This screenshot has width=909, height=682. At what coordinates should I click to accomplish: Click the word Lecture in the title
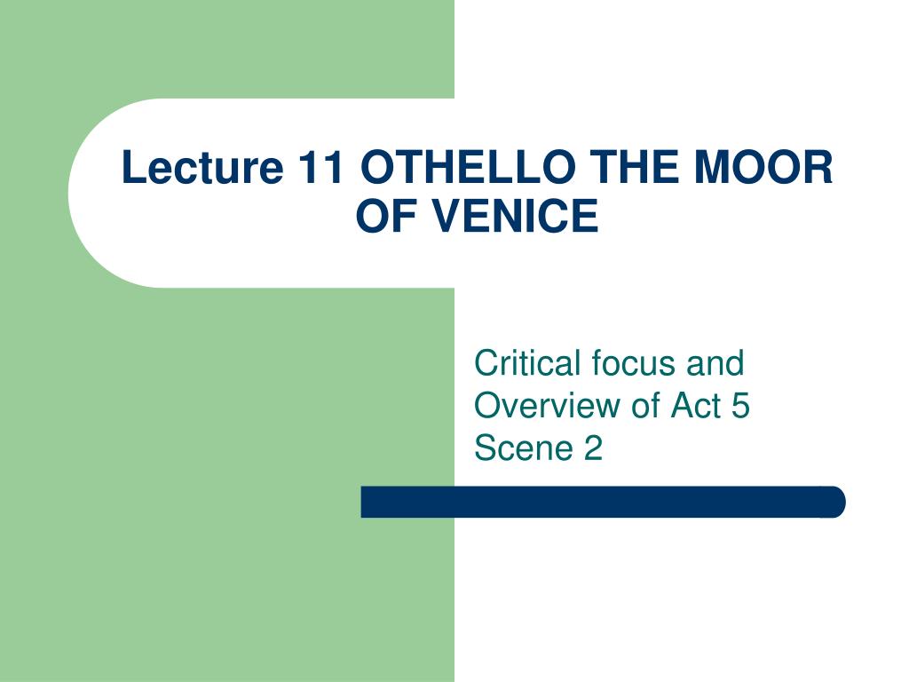pyautogui.click(x=202, y=167)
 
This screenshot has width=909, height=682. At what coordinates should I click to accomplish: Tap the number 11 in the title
pyautogui.click(x=320, y=167)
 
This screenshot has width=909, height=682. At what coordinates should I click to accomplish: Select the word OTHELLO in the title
pyautogui.click(x=468, y=167)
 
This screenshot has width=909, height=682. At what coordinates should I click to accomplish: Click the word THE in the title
pyautogui.click(x=634, y=167)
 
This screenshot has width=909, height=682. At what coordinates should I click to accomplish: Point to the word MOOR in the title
pyautogui.click(x=763, y=167)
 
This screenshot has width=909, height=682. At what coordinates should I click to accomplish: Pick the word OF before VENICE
pyautogui.click(x=390, y=216)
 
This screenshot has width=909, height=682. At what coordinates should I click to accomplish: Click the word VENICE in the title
pyautogui.click(x=516, y=216)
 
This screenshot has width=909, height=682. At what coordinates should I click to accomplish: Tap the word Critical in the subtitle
pyautogui.click(x=527, y=363)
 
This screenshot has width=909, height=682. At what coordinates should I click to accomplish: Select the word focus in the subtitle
pyautogui.click(x=634, y=363)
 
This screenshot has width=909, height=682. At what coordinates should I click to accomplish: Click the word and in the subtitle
pyautogui.click(x=715, y=363)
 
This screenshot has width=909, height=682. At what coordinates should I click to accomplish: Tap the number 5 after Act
pyautogui.click(x=740, y=406)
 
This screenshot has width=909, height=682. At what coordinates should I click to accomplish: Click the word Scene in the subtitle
pyautogui.click(x=524, y=448)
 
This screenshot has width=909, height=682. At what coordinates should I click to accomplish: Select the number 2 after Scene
pyautogui.click(x=593, y=448)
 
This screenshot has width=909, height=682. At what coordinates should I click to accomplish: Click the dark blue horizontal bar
pyautogui.click(x=603, y=502)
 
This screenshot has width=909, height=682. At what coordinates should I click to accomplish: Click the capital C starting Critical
pyautogui.click(x=486, y=363)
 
